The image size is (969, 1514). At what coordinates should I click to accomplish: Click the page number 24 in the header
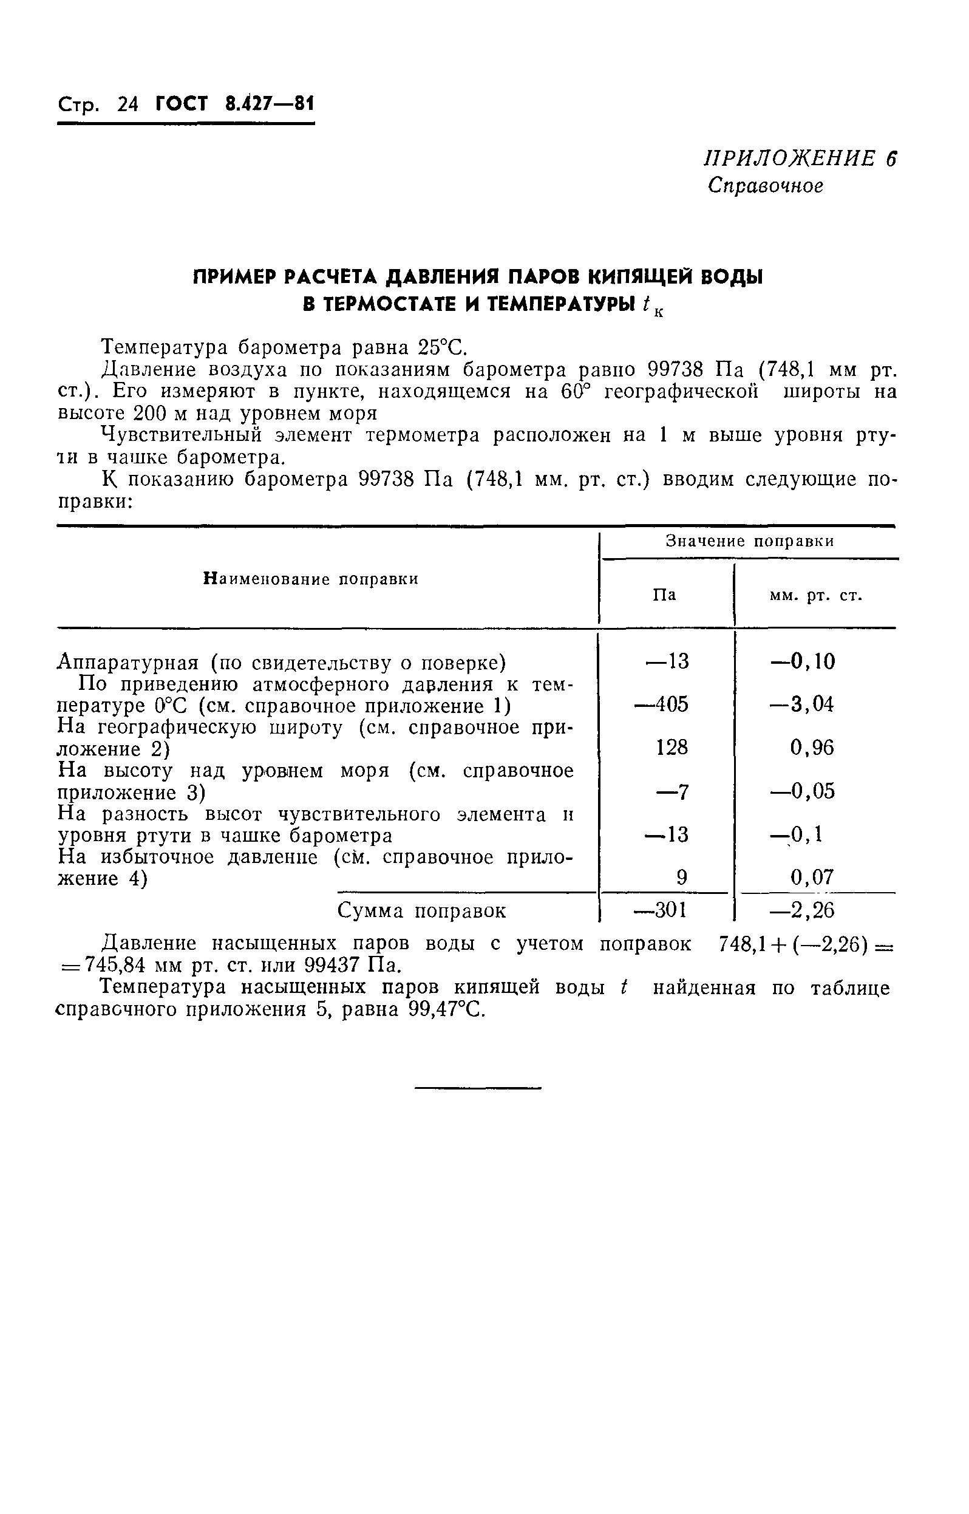pos(127,104)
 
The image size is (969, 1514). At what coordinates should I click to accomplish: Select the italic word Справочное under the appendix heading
pos(764,186)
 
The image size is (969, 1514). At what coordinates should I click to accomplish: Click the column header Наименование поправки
pos(311,579)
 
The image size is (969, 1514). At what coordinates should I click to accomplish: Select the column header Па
pos(664,595)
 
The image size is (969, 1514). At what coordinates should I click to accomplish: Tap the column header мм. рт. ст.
pos(815,595)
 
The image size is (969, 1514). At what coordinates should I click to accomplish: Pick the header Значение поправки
pos(749,541)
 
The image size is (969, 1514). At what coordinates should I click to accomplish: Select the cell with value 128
pos(671,748)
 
